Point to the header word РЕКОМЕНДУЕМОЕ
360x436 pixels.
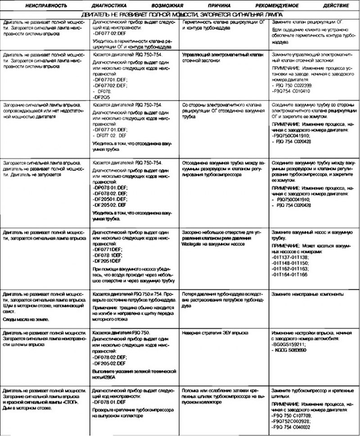(x=274, y=7)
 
